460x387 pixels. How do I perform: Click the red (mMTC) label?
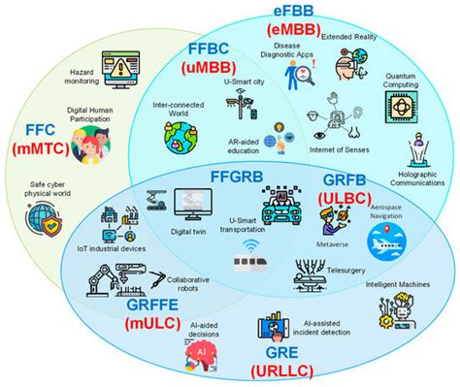pos(46,148)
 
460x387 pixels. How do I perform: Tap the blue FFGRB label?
pos(243,176)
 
